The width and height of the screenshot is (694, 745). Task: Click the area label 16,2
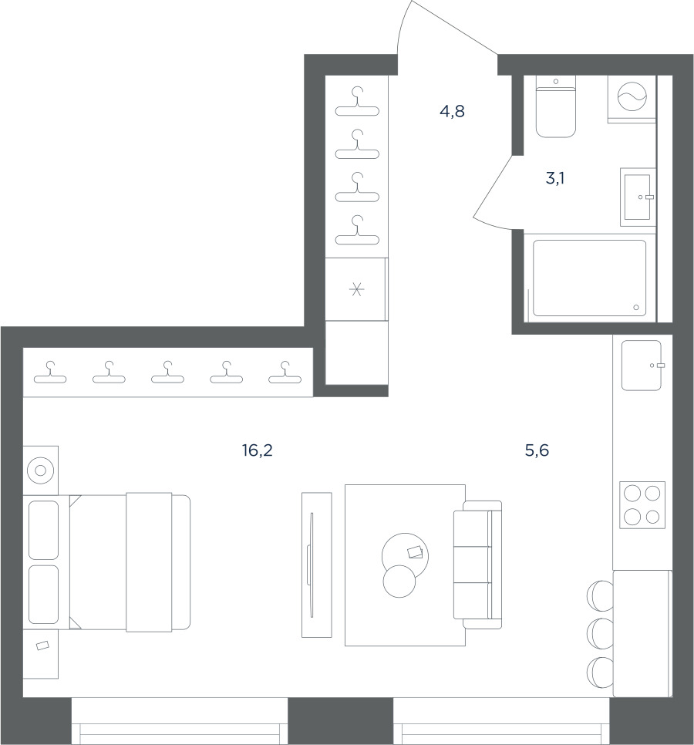(257, 450)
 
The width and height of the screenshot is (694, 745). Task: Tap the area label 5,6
(537, 450)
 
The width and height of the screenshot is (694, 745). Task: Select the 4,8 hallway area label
(452, 112)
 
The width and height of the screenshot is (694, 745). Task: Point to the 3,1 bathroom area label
(555, 179)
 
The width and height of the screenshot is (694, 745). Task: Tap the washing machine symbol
(632, 96)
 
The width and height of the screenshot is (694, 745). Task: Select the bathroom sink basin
(637, 197)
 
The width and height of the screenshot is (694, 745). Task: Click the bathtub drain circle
(636, 308)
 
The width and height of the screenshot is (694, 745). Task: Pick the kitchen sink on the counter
(642, 366)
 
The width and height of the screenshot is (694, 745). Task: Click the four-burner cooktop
(642, 505)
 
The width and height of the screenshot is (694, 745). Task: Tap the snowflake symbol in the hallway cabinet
(356, 289)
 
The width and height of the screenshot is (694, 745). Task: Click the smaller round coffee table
(399, 581)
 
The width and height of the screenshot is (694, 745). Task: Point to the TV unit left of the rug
(317, 565)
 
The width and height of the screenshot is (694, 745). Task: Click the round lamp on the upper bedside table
(40, 470)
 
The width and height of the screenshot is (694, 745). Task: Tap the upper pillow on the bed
(44, 530)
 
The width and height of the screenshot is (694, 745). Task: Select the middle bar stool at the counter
(601, 634)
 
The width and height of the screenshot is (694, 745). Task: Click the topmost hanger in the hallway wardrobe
(357, 102)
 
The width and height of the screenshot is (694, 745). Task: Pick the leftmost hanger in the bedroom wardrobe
(50, 372)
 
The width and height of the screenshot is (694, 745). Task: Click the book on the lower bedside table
(42, 646)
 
